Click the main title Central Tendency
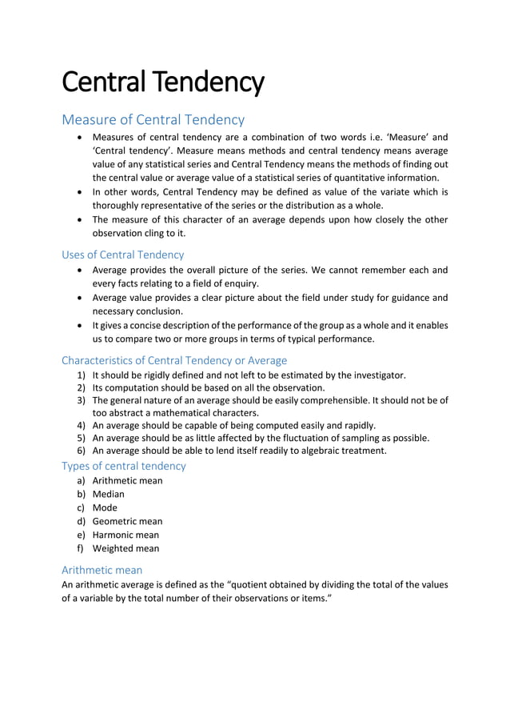pos(162,82)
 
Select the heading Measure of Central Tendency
pos(153,120)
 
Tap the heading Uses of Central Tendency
pos(122,255)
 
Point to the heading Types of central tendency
pos(123,466)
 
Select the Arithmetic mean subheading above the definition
pos(102,570)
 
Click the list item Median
pos(108,494)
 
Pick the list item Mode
pos(105,507)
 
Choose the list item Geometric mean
pos(127,521)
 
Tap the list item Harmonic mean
pos(126,535)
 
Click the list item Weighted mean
pos(126,548)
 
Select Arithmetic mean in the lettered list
pos(127,480)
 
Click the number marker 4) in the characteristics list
pos(81,425)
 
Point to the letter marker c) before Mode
pos(81,507)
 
